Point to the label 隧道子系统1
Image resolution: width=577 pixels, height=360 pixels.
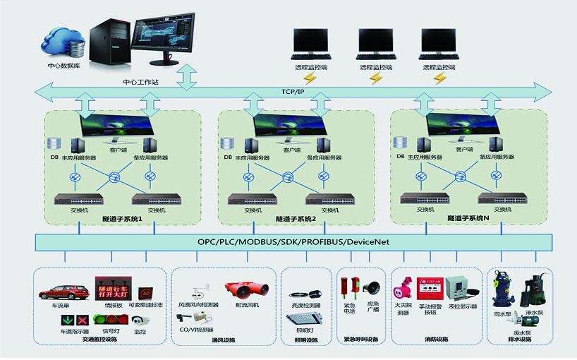tap(119, 219)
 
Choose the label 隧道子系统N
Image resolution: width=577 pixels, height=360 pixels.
tap(466, 219)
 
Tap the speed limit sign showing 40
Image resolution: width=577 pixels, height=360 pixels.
tap(147, 292)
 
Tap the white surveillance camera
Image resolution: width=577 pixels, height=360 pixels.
tap(140, 320)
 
